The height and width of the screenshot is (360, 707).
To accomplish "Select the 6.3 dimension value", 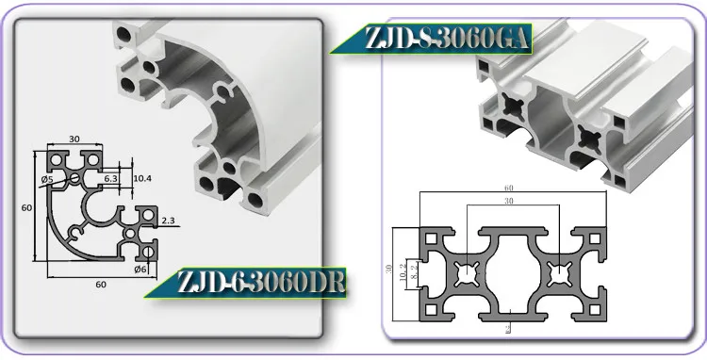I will point(110,177).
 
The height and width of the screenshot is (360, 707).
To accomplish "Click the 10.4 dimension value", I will point(141,177).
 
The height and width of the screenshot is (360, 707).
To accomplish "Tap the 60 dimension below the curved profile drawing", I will point(100,284).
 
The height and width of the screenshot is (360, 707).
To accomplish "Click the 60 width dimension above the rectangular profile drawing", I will point(508,188).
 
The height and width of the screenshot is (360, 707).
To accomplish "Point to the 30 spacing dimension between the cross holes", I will point(508,202).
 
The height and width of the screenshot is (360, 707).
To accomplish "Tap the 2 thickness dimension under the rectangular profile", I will point(508,327).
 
